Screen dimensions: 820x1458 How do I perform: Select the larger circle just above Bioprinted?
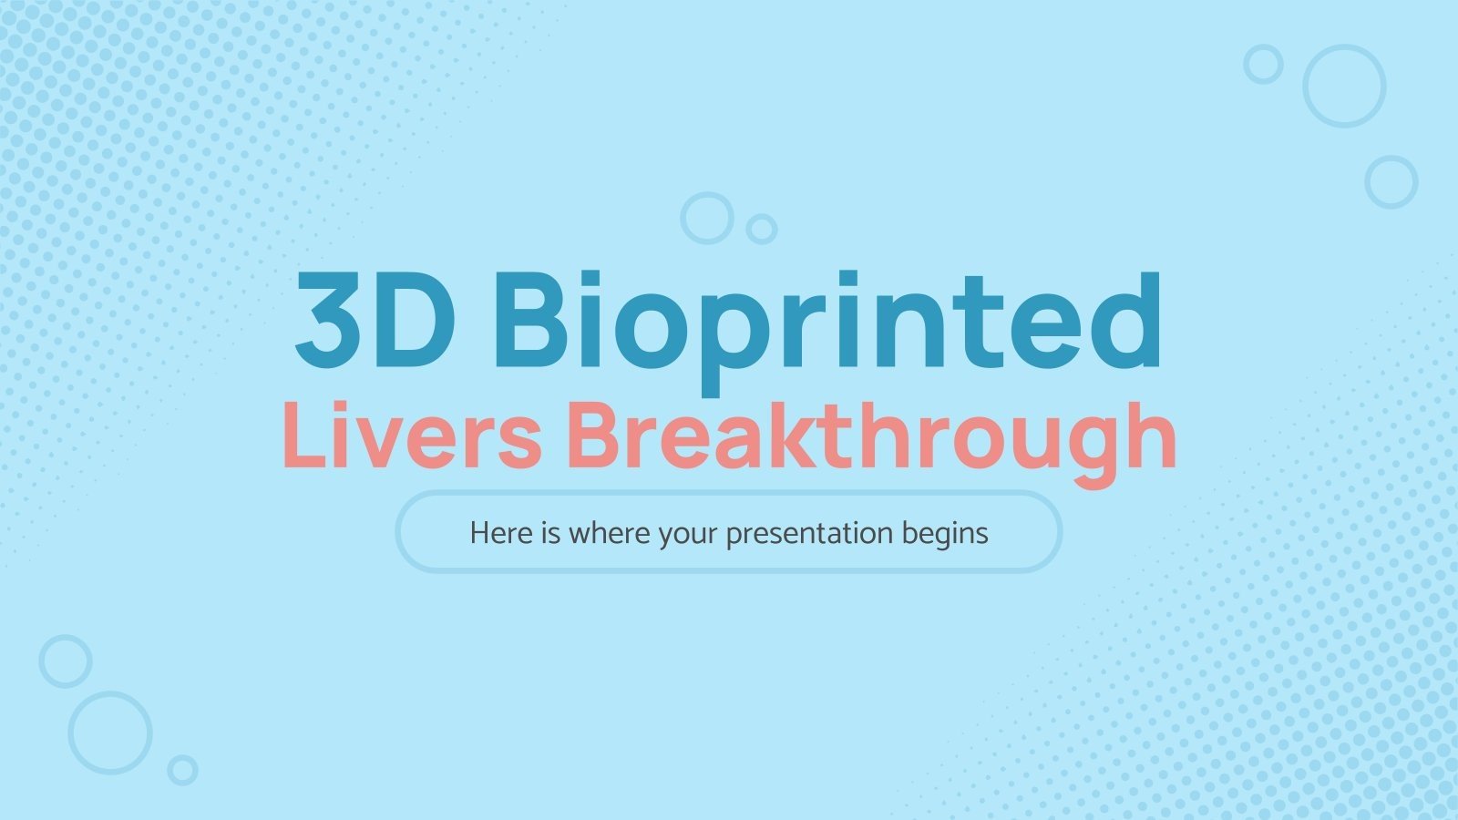(x=706, y=218)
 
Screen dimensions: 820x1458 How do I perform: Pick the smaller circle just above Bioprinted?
(x=761, y=229)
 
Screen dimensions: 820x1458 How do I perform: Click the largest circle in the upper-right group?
(x=1344, y=86)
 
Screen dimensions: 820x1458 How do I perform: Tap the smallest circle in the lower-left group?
(x=182, y=770)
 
